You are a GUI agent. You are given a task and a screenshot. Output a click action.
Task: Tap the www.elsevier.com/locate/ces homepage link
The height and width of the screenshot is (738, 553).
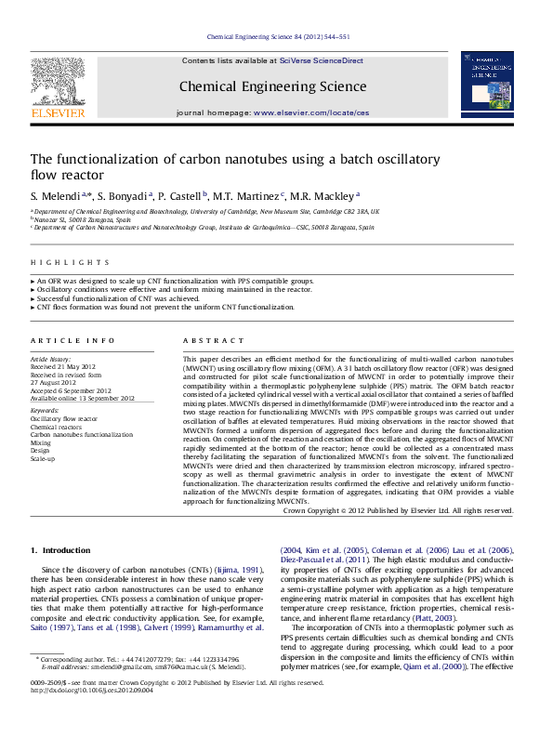[x=310, y=112]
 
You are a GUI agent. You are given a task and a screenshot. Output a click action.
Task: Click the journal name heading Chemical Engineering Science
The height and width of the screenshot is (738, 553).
[x=271, y=87]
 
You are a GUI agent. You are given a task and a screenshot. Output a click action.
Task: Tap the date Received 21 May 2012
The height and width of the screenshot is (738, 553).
[x=63, y=366]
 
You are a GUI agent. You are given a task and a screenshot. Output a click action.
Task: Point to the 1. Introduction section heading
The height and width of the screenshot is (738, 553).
[x=61, y=550]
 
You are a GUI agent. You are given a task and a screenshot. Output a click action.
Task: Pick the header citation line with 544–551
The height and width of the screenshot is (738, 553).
[x=277, y=36]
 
